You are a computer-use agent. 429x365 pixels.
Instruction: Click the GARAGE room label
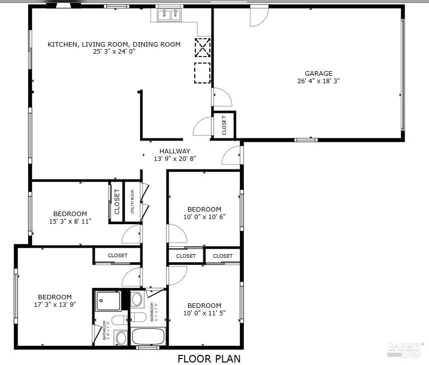click(318, 73)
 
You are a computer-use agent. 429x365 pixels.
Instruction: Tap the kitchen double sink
click(169, 15)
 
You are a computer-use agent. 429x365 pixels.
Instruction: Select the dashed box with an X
click(202, 47)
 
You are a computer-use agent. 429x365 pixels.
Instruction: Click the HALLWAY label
click(175, 151)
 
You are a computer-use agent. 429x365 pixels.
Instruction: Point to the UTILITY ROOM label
click(133, 202)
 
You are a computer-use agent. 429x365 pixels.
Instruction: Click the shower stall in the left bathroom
click(108, 300)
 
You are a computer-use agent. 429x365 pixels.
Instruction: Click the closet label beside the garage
click(224, 125)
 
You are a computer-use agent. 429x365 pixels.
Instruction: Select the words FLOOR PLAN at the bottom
click(209, 358)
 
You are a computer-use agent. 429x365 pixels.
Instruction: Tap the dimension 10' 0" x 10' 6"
click(204, 217)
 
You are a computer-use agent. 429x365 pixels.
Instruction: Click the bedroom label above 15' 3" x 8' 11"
click(70, 214)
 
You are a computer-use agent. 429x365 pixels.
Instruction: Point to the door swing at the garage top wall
click(259, 17)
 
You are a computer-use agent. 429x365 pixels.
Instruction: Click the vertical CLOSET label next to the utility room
click(117, 202)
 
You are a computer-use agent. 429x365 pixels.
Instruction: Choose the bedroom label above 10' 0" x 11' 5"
click(204, 306)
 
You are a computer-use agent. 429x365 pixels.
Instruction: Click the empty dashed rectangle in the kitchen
click(202, 72)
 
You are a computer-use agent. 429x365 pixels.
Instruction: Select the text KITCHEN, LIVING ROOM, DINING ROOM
click(114, 44)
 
